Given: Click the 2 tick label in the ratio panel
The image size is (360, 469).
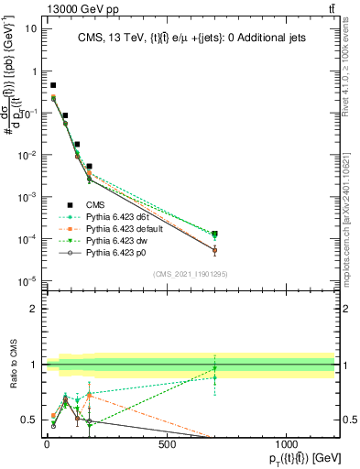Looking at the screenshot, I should pyautogui.click(x=33, y=309).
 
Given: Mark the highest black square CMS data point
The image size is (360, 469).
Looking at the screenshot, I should pyautogui.click(x=53, y=85).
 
